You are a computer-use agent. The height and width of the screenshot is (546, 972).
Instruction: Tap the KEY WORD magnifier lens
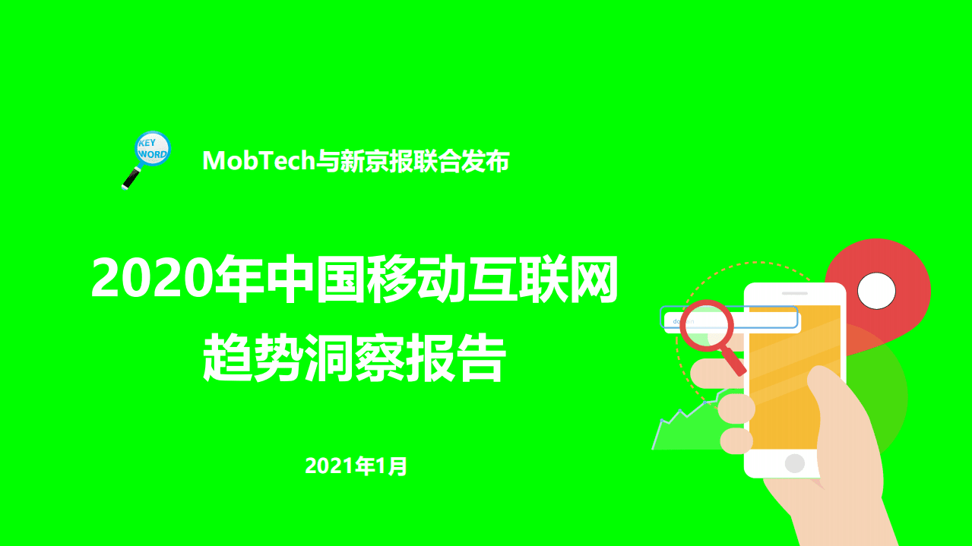point(152,147)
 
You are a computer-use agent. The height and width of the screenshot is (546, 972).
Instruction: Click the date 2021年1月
point(356,466)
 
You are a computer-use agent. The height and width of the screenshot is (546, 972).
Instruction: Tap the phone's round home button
point(794,462)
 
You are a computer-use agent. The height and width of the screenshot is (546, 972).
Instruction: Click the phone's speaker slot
point(795,293)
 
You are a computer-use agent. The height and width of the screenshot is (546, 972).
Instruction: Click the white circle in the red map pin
point(876,290)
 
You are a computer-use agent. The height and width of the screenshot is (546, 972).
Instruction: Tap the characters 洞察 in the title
point(353,360)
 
